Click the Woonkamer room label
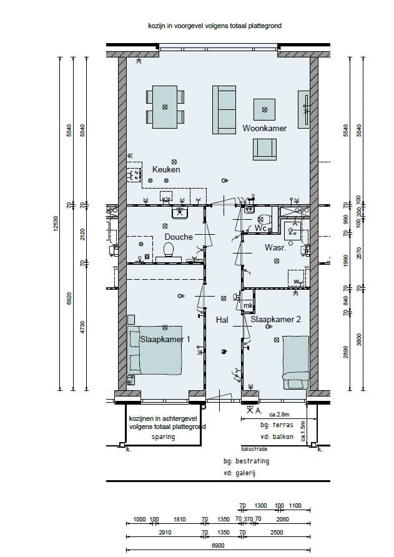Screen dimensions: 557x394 (x=264, y=128)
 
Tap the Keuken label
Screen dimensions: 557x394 (x=166, y=169)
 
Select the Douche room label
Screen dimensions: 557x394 (x=179, y=237)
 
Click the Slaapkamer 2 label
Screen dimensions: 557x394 (x=276, y=319)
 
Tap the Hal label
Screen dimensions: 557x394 (x=222, y=320)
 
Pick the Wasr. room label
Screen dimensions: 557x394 (x=275, y=248)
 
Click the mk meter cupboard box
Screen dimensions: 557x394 (x=248, y=306)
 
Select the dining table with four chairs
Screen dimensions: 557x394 (x=165, y=107)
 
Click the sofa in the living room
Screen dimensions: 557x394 (x=224, y=107)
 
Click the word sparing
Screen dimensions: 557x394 (x=163, y=436)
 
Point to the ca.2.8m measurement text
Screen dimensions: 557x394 (x=280, y=414)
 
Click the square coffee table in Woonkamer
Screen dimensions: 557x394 (x=264, y=110)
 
